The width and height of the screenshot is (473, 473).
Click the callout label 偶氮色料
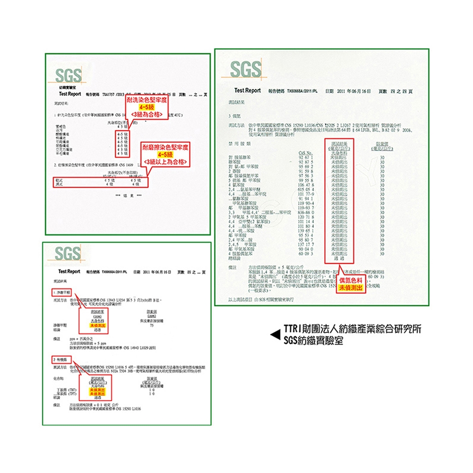351,280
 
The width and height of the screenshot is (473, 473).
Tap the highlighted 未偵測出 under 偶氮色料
351,288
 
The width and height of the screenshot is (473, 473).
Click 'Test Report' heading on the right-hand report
247,91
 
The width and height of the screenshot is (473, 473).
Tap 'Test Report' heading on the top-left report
70,94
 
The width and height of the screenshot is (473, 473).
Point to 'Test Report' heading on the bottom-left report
69,271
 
